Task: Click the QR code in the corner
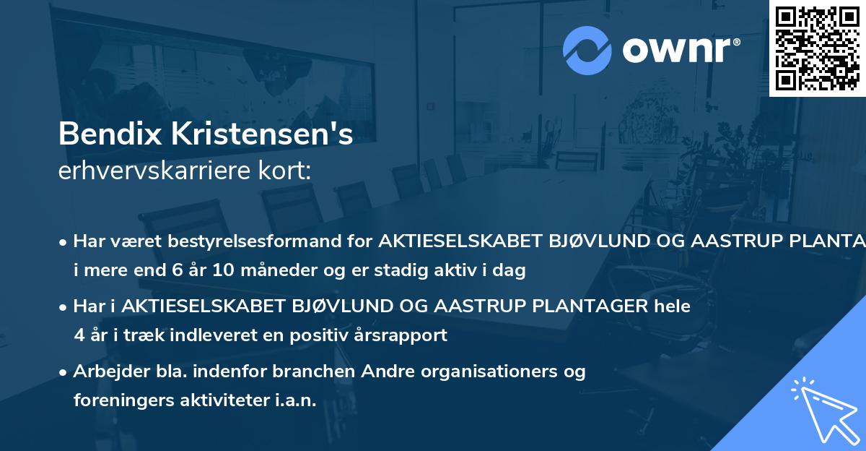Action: [817, 48]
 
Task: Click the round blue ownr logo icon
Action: [587, 50]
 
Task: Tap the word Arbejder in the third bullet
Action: [105, 371]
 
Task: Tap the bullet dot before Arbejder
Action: [64, 372]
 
